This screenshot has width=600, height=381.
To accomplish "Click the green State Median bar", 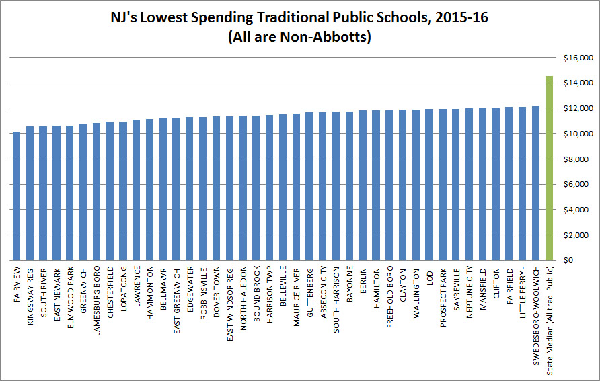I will [549, 168].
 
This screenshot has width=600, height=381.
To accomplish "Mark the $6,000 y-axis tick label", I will [578, 184].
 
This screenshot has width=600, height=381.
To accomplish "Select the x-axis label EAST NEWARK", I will [57, 288].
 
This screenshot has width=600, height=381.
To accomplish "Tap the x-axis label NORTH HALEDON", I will [243, 293].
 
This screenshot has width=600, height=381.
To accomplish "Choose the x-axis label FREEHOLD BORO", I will [389, 293].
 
